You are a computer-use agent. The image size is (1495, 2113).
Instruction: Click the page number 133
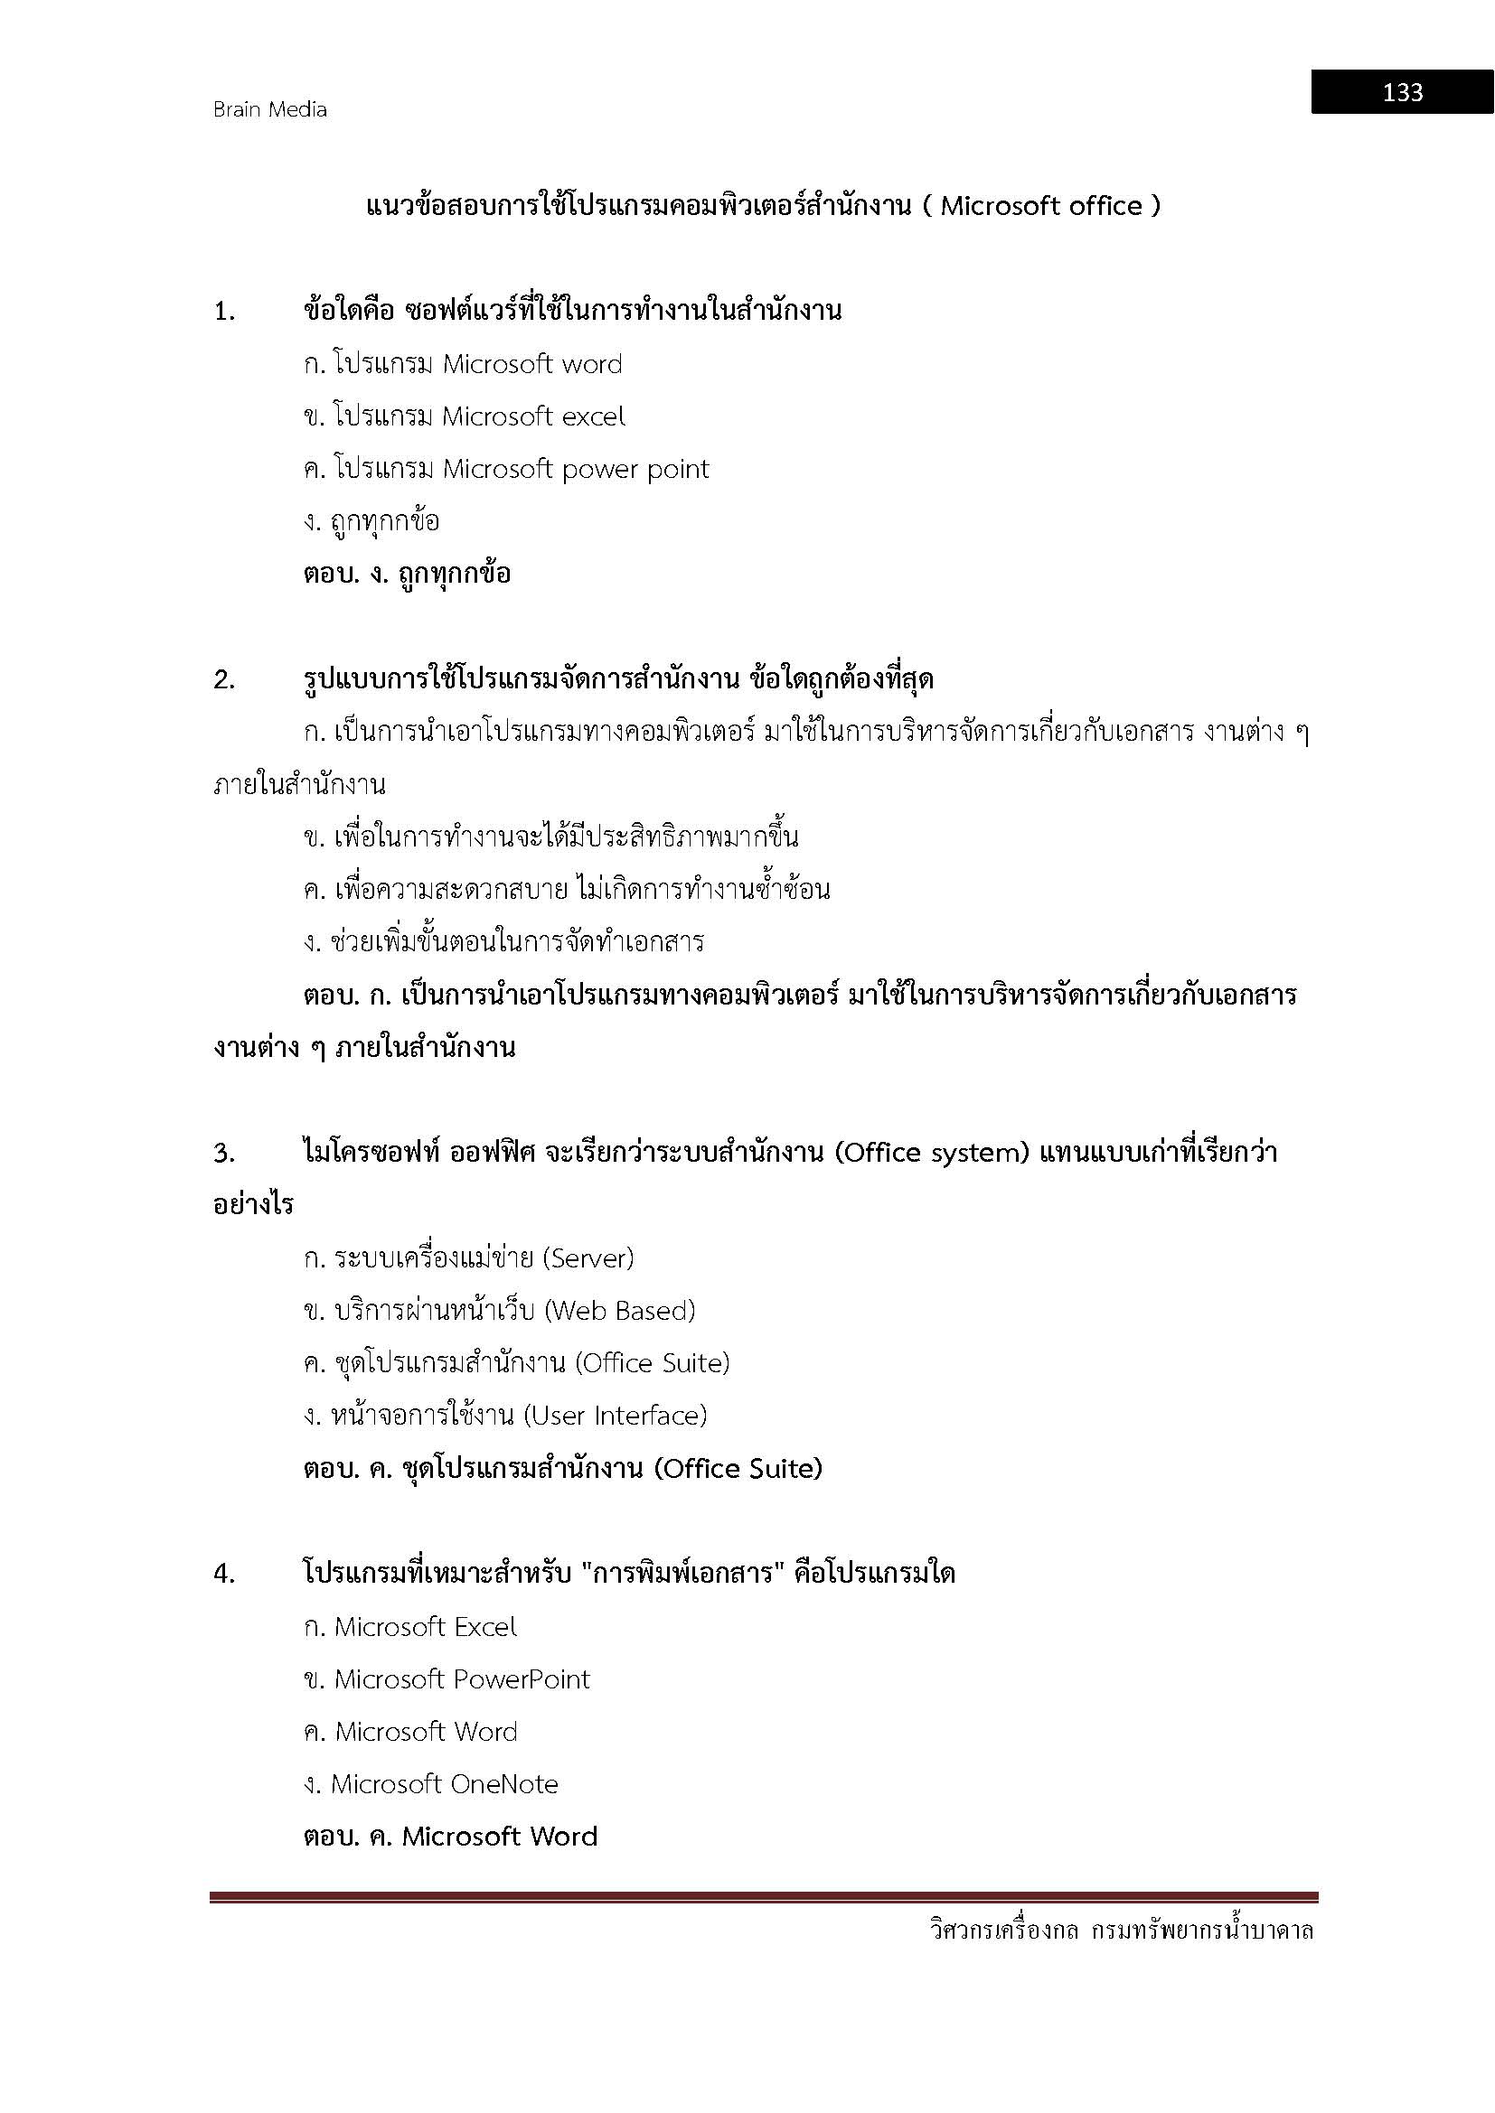click(x=1401, y=92)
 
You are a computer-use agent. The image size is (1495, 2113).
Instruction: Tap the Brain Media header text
click(x=269, y=109)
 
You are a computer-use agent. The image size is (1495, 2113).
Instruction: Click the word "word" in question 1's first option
click(x=592, y=364)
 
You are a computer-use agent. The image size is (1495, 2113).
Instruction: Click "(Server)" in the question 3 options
click(x=588, y=1258)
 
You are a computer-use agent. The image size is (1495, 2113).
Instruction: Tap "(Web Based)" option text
click(x=619, y=1311)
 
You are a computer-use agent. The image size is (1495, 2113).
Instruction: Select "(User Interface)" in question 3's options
click(x=615, y=1416)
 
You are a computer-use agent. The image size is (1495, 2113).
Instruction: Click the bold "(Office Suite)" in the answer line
click(x=738, y=1469)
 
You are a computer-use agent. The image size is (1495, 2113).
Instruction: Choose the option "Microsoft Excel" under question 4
click(x=426, y=1627)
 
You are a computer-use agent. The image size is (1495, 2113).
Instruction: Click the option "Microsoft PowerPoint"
click(x=461, y=1679)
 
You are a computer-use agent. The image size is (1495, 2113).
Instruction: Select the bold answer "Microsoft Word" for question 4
click(x=500, y=1837)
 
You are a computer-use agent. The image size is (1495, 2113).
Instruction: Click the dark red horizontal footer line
click(x=764, y=1897)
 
